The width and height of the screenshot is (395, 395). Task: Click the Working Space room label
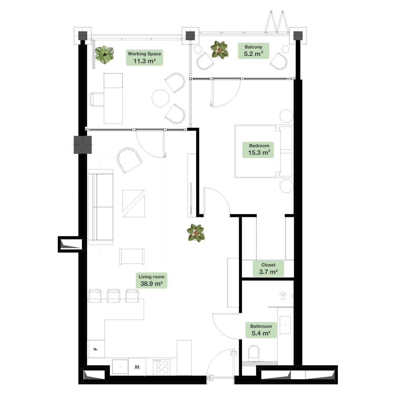[x=144, y=57]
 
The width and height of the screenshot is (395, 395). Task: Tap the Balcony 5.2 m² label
[x=254, y=51]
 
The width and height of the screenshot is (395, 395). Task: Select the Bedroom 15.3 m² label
[x=258, y=150]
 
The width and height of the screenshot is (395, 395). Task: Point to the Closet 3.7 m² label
[x=268, y=269]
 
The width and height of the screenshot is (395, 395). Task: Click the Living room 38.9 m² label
[x=152, y=280]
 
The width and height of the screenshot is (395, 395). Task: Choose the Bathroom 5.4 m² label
[x=261, y=330]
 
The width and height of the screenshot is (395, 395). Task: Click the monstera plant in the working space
[x=104, y=55]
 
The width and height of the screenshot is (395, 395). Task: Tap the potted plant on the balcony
[x=219, y=50]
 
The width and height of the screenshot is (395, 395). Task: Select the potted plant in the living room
[x=196, y=233]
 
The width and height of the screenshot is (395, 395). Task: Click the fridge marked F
[x=96, y=349]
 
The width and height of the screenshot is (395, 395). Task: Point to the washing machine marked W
[x=137, y=367]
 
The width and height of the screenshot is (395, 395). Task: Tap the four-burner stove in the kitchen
[x=162, y=367]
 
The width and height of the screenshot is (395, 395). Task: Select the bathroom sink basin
[x=285, y=325]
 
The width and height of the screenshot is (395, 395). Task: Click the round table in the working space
[x=161, y=98]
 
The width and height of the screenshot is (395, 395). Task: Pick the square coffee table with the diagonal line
[x=134, y=204]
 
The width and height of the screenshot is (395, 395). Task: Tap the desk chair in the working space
[x=97, y=99]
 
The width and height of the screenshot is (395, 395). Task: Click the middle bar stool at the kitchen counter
[x=113, y=296]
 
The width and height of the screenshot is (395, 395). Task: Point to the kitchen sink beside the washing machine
[x=120, y=367]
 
